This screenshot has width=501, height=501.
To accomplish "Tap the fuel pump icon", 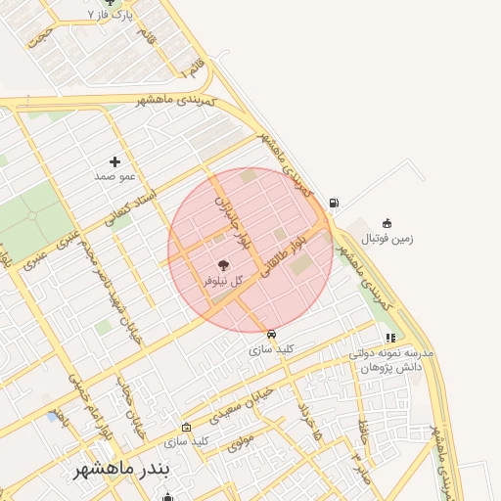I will [x=336, y=203].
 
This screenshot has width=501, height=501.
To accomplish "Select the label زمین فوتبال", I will [x=387, y=238].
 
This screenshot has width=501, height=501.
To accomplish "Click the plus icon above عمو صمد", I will [x=115, y=161].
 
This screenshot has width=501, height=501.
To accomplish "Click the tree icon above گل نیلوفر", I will [x=222, y=264].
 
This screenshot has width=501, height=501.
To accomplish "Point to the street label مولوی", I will [x=242, y=442].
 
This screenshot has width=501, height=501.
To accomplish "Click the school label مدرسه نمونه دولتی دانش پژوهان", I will [x=391, y=359].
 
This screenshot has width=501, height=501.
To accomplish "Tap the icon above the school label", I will [x=390, y=338].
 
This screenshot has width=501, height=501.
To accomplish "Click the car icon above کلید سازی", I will [x=271, y=333].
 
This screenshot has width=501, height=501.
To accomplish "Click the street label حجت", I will [x=40, y=35].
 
